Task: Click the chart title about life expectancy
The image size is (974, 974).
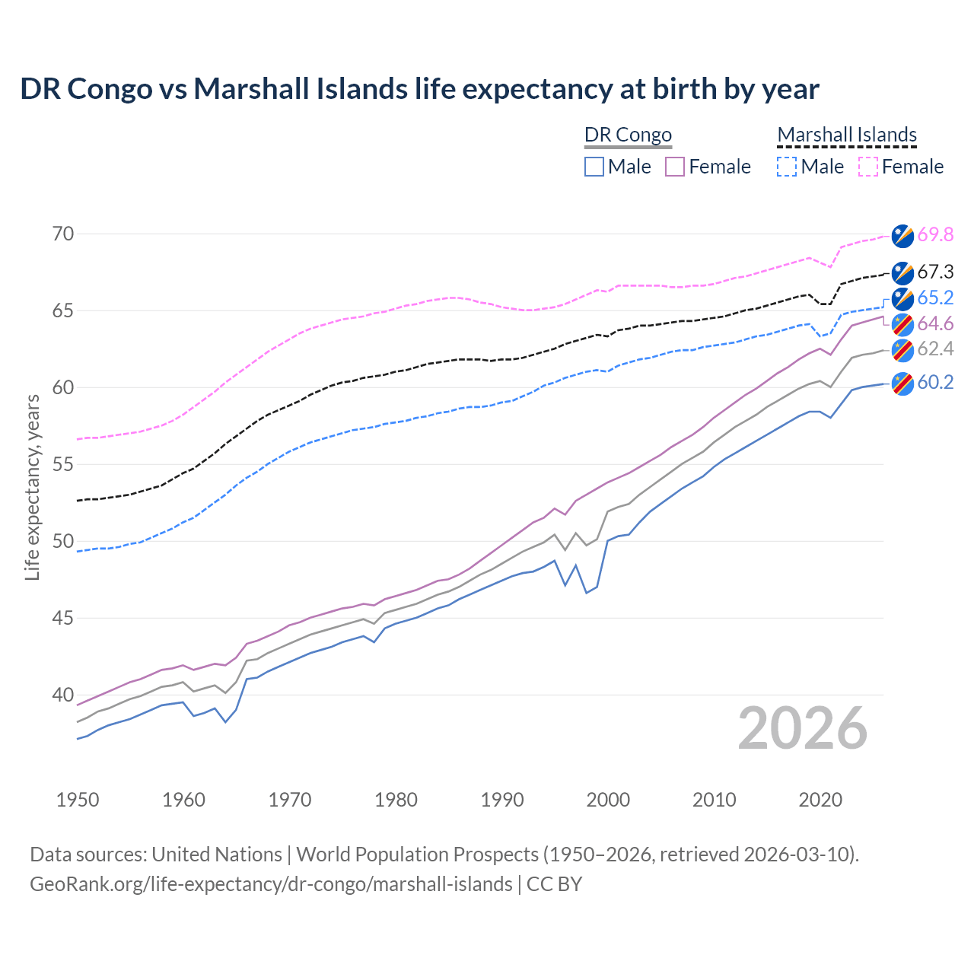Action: coord(419,89)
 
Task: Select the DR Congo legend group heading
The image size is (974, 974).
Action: coord(628,135)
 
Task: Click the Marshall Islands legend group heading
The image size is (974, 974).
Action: coord(847,135)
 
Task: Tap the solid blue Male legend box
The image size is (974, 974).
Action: coord(594,167)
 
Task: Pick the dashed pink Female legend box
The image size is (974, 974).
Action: coord(868,167)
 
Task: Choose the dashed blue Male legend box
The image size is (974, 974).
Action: coord(787,167)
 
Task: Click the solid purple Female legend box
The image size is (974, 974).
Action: coord(675,167)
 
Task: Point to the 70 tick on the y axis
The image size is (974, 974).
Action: coord(63,234)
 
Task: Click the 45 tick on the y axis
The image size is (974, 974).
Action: coord(63,618)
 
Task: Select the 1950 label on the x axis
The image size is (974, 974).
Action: coord(78,800)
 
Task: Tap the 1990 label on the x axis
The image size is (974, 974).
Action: coord(502,800)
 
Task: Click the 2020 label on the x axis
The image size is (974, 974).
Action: coord(820,800)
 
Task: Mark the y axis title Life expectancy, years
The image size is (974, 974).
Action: coord(32,487)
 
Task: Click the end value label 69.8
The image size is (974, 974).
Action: coord(935,235)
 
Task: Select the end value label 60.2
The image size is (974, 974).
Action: coord(935,383)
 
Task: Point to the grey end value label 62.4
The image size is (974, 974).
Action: coord(935,349)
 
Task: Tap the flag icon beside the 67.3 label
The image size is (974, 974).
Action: coord(902,272)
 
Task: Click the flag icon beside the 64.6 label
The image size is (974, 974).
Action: coord(902,324)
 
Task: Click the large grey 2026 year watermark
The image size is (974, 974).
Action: coord(803,728)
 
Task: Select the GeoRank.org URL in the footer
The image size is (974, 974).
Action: coord(271,884)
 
